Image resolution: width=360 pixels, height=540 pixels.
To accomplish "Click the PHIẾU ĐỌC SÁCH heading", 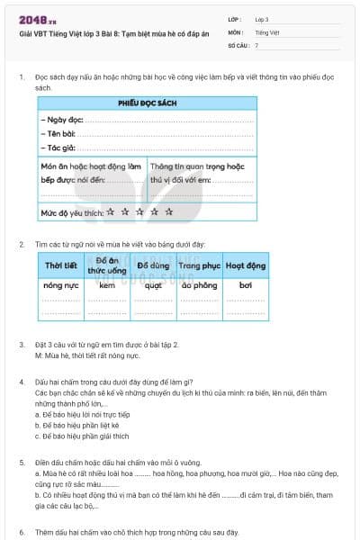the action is (x=146, y=104).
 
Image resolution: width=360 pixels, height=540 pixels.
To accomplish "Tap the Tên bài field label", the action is (x=58, y=133).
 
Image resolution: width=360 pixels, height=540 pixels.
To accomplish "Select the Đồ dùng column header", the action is (x=153, y=266).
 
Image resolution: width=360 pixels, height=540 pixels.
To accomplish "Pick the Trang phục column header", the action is (x=199, y=266).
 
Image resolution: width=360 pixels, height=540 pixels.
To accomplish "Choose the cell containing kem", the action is (x=107, y=284).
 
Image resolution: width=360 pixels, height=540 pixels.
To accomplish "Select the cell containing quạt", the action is (x=153, y=284).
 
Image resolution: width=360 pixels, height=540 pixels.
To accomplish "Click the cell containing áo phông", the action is (x=199, y=284).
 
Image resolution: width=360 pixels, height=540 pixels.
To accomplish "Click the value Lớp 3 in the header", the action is (x=262, y=19).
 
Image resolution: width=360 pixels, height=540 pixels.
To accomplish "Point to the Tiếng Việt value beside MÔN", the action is (x=267, y=31).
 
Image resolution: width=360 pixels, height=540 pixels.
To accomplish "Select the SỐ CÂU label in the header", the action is (x=238, y=44).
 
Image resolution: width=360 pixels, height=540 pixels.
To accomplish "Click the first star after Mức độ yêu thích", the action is (x=110, y=212).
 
